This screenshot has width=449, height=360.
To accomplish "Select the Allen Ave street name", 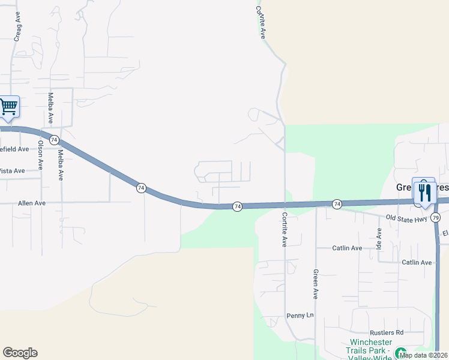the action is click(32, 203).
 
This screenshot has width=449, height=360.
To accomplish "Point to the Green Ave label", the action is click(315, 284).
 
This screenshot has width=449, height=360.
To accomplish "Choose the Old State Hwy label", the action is click(406, 218).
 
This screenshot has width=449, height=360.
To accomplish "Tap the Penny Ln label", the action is click(300, 316).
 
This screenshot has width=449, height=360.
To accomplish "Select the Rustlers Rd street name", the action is click(387, 332).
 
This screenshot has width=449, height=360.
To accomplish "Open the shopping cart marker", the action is click(8, 107).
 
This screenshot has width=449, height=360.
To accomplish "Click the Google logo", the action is click(20, 353).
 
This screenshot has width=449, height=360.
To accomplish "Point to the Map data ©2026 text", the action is click(424, 355).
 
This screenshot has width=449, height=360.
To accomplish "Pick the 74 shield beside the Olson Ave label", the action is click(55, 140).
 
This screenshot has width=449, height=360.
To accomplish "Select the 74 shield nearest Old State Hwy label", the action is click(337, 204).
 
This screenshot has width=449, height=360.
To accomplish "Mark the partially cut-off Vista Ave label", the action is click(12, 171).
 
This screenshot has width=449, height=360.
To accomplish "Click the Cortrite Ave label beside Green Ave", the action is click(285, 229).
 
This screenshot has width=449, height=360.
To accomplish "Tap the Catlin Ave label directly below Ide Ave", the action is click(417, 262).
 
